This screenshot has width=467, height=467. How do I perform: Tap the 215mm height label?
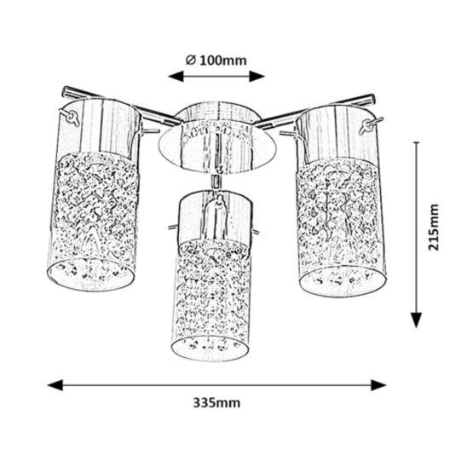coord(434,228)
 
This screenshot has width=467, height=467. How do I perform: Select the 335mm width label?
coord(216,403)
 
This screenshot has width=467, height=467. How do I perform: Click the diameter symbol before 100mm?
coord(191,61)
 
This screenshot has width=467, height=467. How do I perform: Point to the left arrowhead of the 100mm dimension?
coord(176,76)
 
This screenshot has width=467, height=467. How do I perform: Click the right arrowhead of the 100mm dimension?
coord(257,76)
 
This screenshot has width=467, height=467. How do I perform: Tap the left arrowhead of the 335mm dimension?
coord(55,385)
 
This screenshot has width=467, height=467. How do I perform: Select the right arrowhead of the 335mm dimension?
coord(378,385)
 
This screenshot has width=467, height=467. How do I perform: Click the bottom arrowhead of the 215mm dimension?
coord(416,320)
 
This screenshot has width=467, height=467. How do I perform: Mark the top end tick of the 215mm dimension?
coord(417,142)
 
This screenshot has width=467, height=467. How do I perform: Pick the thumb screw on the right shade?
coord(369,125)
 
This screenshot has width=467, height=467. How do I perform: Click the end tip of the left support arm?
coord(64,91)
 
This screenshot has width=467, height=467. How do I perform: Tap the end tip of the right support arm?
coord(372,99)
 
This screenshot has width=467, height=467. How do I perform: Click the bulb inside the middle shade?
coord(216,216)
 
